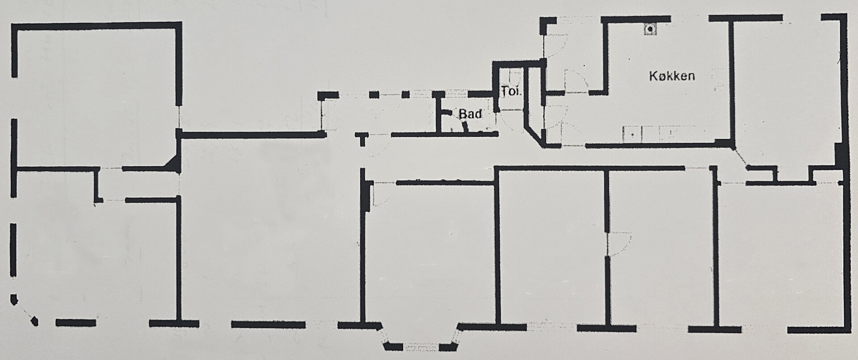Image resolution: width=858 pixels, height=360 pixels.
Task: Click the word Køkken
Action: pos(672,76)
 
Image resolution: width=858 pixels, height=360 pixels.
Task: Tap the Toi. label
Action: pos(511,92)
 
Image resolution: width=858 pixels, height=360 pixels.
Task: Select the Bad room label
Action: pos(470,114)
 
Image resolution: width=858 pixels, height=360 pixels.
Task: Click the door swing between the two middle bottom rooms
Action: pos(619,243)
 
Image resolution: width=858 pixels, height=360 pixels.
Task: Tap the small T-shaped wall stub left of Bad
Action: pos(362,138)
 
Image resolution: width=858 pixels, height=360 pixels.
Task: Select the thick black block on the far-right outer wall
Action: pos(839,156)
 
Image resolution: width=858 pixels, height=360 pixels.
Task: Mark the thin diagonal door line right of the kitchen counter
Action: pos(740,157)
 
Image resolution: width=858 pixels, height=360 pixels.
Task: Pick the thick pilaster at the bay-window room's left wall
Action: pos(368,193)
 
